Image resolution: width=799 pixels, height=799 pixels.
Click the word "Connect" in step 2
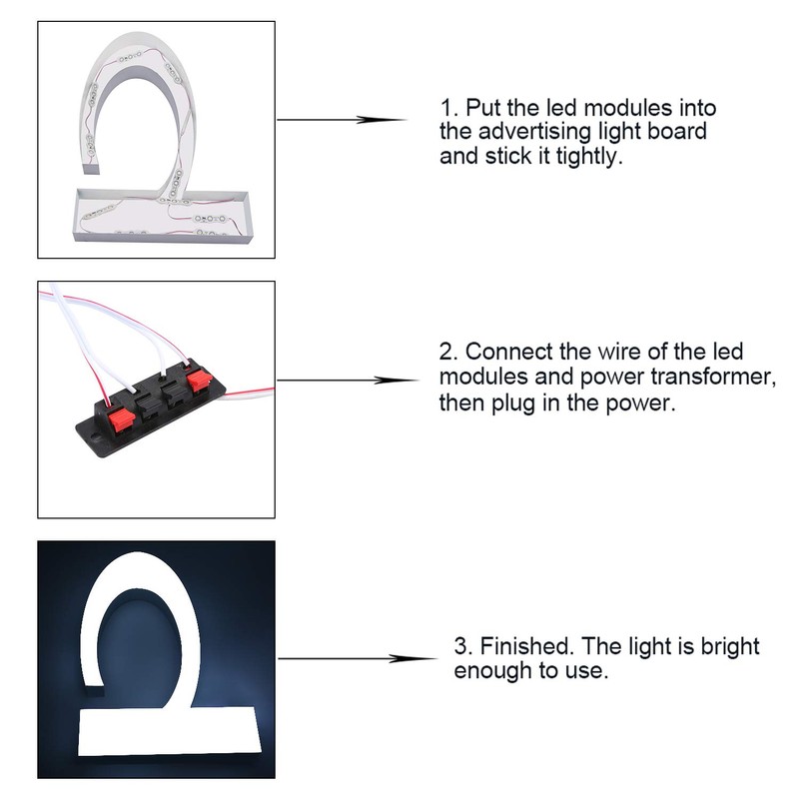tap(505, 352)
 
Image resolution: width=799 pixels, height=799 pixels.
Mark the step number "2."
tap(447, 352)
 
